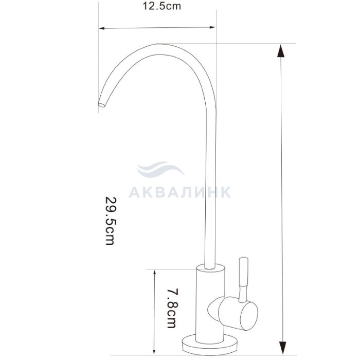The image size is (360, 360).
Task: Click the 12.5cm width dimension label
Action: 161,6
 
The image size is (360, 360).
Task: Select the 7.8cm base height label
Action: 172,309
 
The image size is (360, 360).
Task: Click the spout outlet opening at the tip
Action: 101,105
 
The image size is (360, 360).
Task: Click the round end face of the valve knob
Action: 249,316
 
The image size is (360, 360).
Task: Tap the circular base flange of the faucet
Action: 209,344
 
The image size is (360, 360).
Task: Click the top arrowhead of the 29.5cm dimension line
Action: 281,51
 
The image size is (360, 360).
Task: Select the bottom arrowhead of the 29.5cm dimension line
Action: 282,348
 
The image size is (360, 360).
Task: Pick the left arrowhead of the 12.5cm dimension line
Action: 102,28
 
